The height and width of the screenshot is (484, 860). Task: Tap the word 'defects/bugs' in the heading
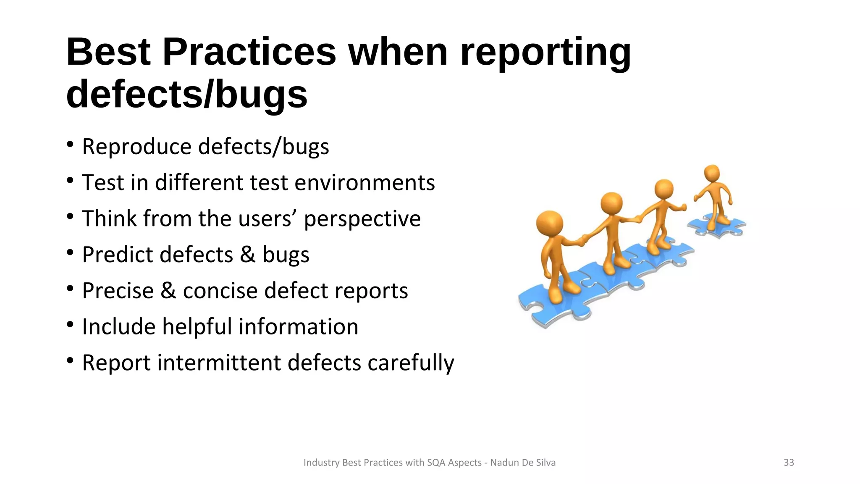coord(187,95)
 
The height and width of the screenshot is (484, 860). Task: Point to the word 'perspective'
coord(362,219)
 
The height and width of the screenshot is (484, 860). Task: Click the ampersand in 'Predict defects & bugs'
coord(248,255)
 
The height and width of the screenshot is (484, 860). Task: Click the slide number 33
coord(789,463)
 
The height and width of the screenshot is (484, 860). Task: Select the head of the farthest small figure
coord(712,174)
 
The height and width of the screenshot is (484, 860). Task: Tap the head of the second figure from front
coord(611,204)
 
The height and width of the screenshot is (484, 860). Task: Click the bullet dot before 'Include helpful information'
coord(70,325)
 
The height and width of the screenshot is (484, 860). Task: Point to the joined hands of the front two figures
coord(582,241)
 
